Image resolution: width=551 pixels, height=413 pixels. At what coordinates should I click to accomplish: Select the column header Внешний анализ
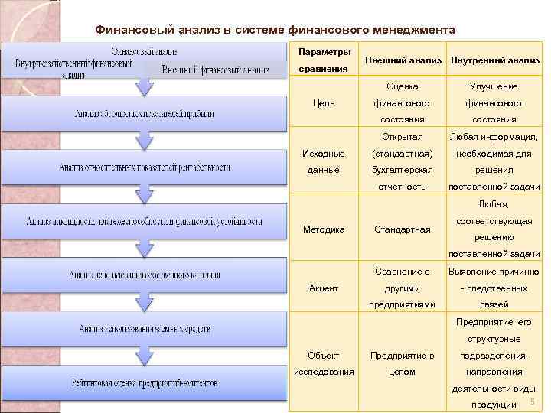pos(403,60)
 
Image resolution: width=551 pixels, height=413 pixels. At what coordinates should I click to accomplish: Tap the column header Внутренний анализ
pos(494,60)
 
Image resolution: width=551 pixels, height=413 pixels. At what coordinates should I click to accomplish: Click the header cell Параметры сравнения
pos(324,60)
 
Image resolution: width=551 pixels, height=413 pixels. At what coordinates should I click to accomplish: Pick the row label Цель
pos(324,103)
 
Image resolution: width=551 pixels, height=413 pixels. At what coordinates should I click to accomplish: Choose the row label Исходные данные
pos(324,161)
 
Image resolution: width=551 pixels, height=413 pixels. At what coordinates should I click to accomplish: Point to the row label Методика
pos(324,229)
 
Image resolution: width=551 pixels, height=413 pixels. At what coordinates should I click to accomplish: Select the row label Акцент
pos(324,288)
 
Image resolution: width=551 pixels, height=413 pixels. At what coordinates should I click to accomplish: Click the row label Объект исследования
pos(324,363)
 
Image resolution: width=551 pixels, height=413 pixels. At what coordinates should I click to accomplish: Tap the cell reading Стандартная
pos(403,229)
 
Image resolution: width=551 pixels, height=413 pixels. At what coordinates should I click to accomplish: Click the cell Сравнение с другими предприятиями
pos(403,288)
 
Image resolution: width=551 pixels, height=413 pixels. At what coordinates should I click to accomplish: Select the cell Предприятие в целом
pos(403,363)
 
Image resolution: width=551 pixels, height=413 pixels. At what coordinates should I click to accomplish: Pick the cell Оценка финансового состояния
pos(403,103)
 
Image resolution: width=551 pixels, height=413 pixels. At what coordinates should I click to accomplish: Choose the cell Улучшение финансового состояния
pos(494,103)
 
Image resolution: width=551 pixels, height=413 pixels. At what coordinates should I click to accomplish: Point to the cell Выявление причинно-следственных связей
pos(494,288)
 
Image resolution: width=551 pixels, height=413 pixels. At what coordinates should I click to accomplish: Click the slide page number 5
pos(532,402)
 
